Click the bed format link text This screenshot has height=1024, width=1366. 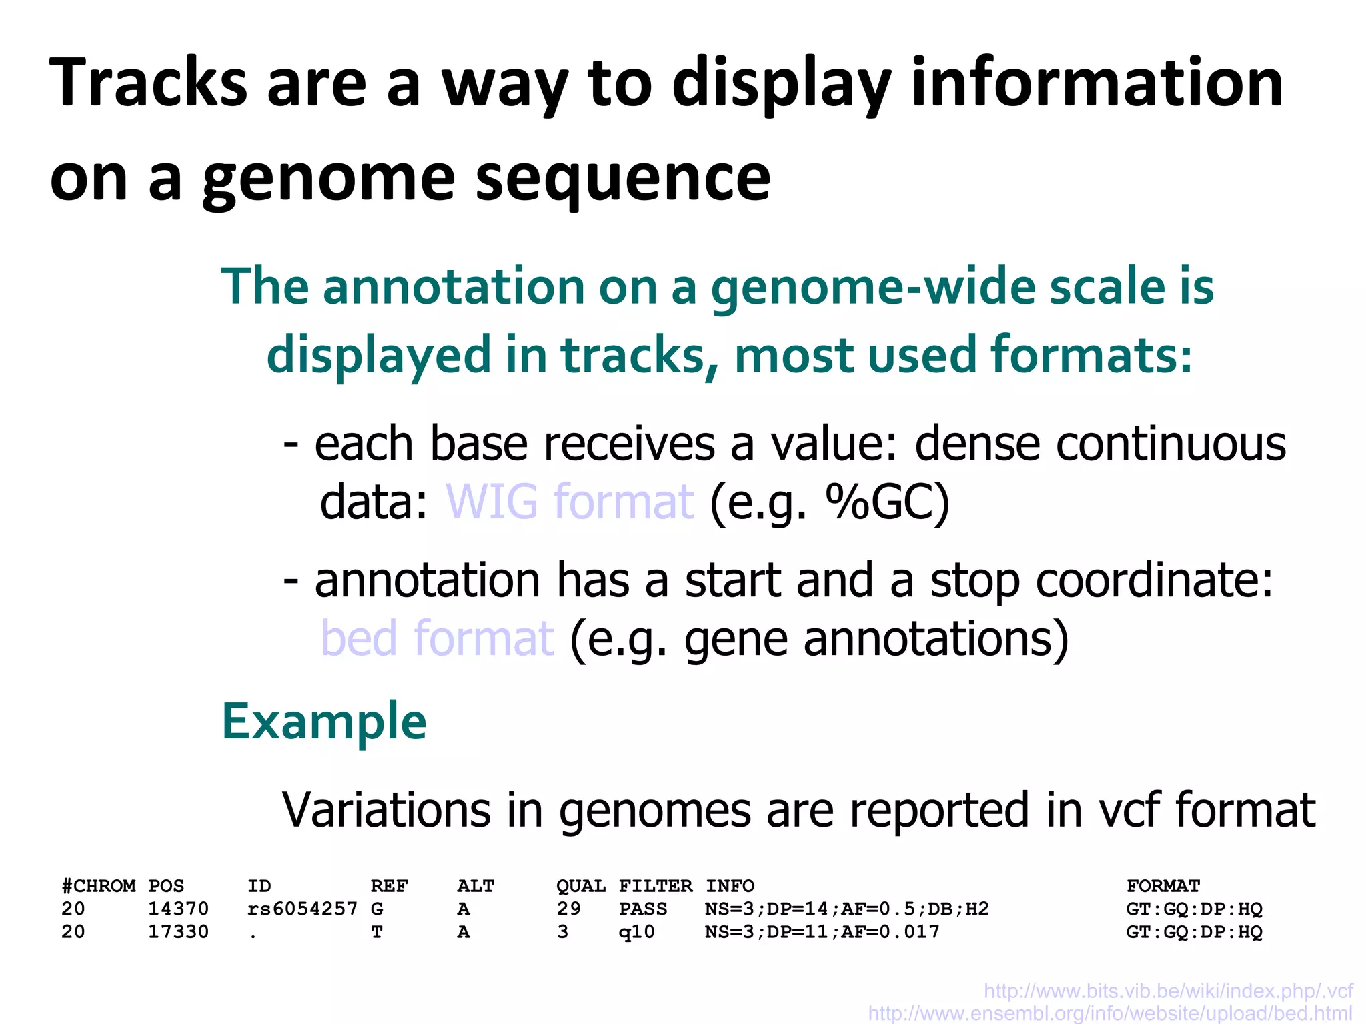pos(438,638)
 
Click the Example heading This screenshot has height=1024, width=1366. pos(323,722)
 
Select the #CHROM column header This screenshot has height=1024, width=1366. pos(99,886)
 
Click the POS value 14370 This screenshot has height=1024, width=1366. pos(178,909)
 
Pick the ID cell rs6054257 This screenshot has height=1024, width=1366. pos(302,909)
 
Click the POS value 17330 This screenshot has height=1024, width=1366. pos(178,932)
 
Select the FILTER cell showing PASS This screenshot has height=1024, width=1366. pos(642,909)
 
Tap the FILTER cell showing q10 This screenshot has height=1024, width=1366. pos(636,932)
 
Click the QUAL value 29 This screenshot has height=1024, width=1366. pos(568,909)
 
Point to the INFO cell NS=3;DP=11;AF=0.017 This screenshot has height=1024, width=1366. pos(822,932)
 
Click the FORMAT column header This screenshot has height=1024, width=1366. pos(1163,886)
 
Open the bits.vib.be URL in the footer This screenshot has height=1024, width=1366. pos(1168,991)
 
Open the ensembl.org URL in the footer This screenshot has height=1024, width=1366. pos(1110,1013)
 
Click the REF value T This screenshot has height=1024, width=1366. pos(377,932)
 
